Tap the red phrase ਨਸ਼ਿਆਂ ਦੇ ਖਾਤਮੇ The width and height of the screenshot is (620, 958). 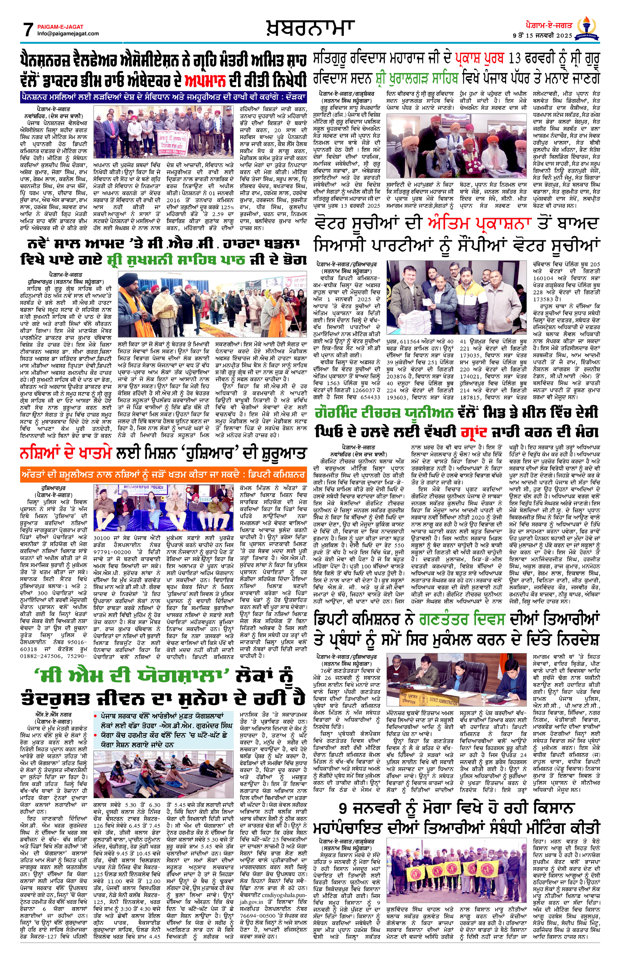point(65,454)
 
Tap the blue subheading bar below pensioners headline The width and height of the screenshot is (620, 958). point(163,97)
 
